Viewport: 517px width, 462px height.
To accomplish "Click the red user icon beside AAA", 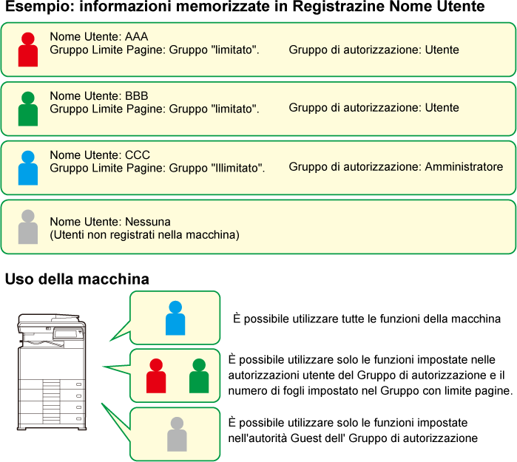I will pos(28,50).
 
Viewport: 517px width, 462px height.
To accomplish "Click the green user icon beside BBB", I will pos(28,109).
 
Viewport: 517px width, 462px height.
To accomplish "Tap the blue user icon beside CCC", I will pos(28,168).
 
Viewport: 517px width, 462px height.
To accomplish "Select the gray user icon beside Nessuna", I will pos(28,228).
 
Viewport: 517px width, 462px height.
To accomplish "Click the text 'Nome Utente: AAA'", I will pos(99,36).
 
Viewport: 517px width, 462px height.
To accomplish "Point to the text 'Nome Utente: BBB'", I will pos(99,95).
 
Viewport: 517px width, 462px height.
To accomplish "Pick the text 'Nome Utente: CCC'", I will pos(100,154).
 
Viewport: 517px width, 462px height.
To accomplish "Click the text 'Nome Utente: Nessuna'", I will pos(110,222).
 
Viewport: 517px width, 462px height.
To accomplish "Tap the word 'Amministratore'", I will pos(464,167).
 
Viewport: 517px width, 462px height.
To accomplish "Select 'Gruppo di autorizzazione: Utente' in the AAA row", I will pos(374,50).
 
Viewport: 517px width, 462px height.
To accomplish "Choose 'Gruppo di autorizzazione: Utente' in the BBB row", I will pos(374,108).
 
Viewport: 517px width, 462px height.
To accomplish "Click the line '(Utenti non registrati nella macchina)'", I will pos(144,235).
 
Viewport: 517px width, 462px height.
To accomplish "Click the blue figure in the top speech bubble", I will pos(175,318).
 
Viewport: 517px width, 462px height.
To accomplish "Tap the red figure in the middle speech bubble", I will pos(156,376).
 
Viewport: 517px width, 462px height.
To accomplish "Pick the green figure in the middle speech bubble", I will pos(198,376).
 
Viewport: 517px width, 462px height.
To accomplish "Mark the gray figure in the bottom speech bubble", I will pos(177,435).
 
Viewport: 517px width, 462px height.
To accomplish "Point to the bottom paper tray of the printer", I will pos(52,418).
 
